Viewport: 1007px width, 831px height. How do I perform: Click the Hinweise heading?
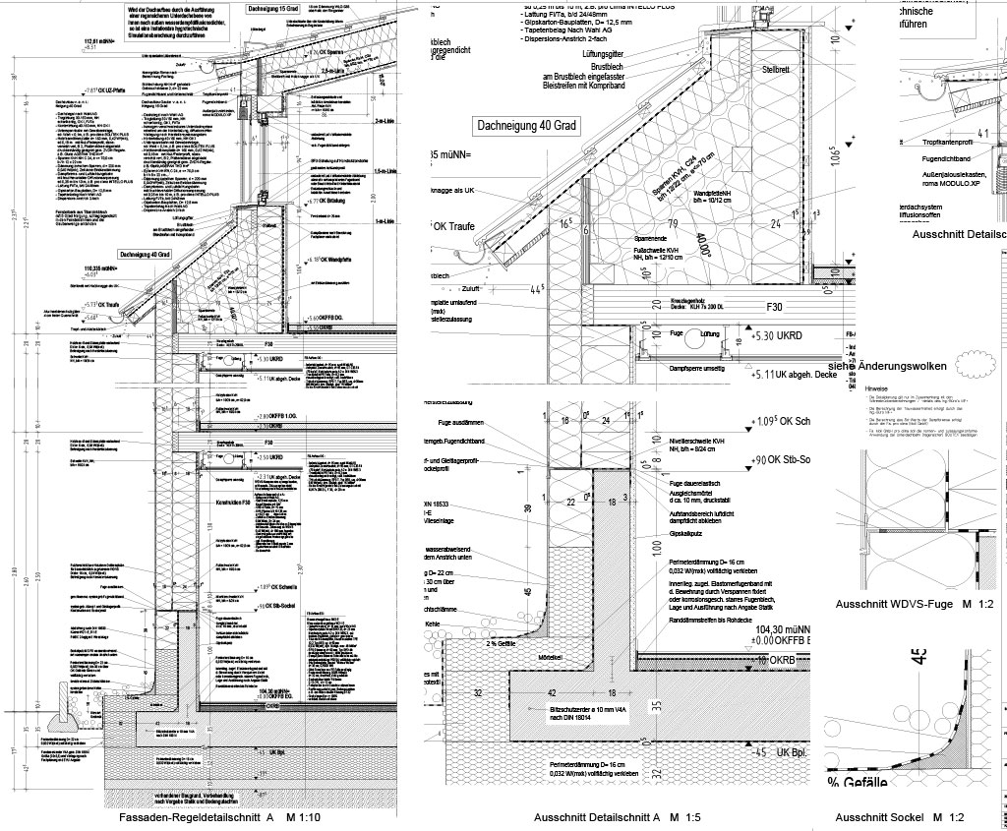click(876, 388)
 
